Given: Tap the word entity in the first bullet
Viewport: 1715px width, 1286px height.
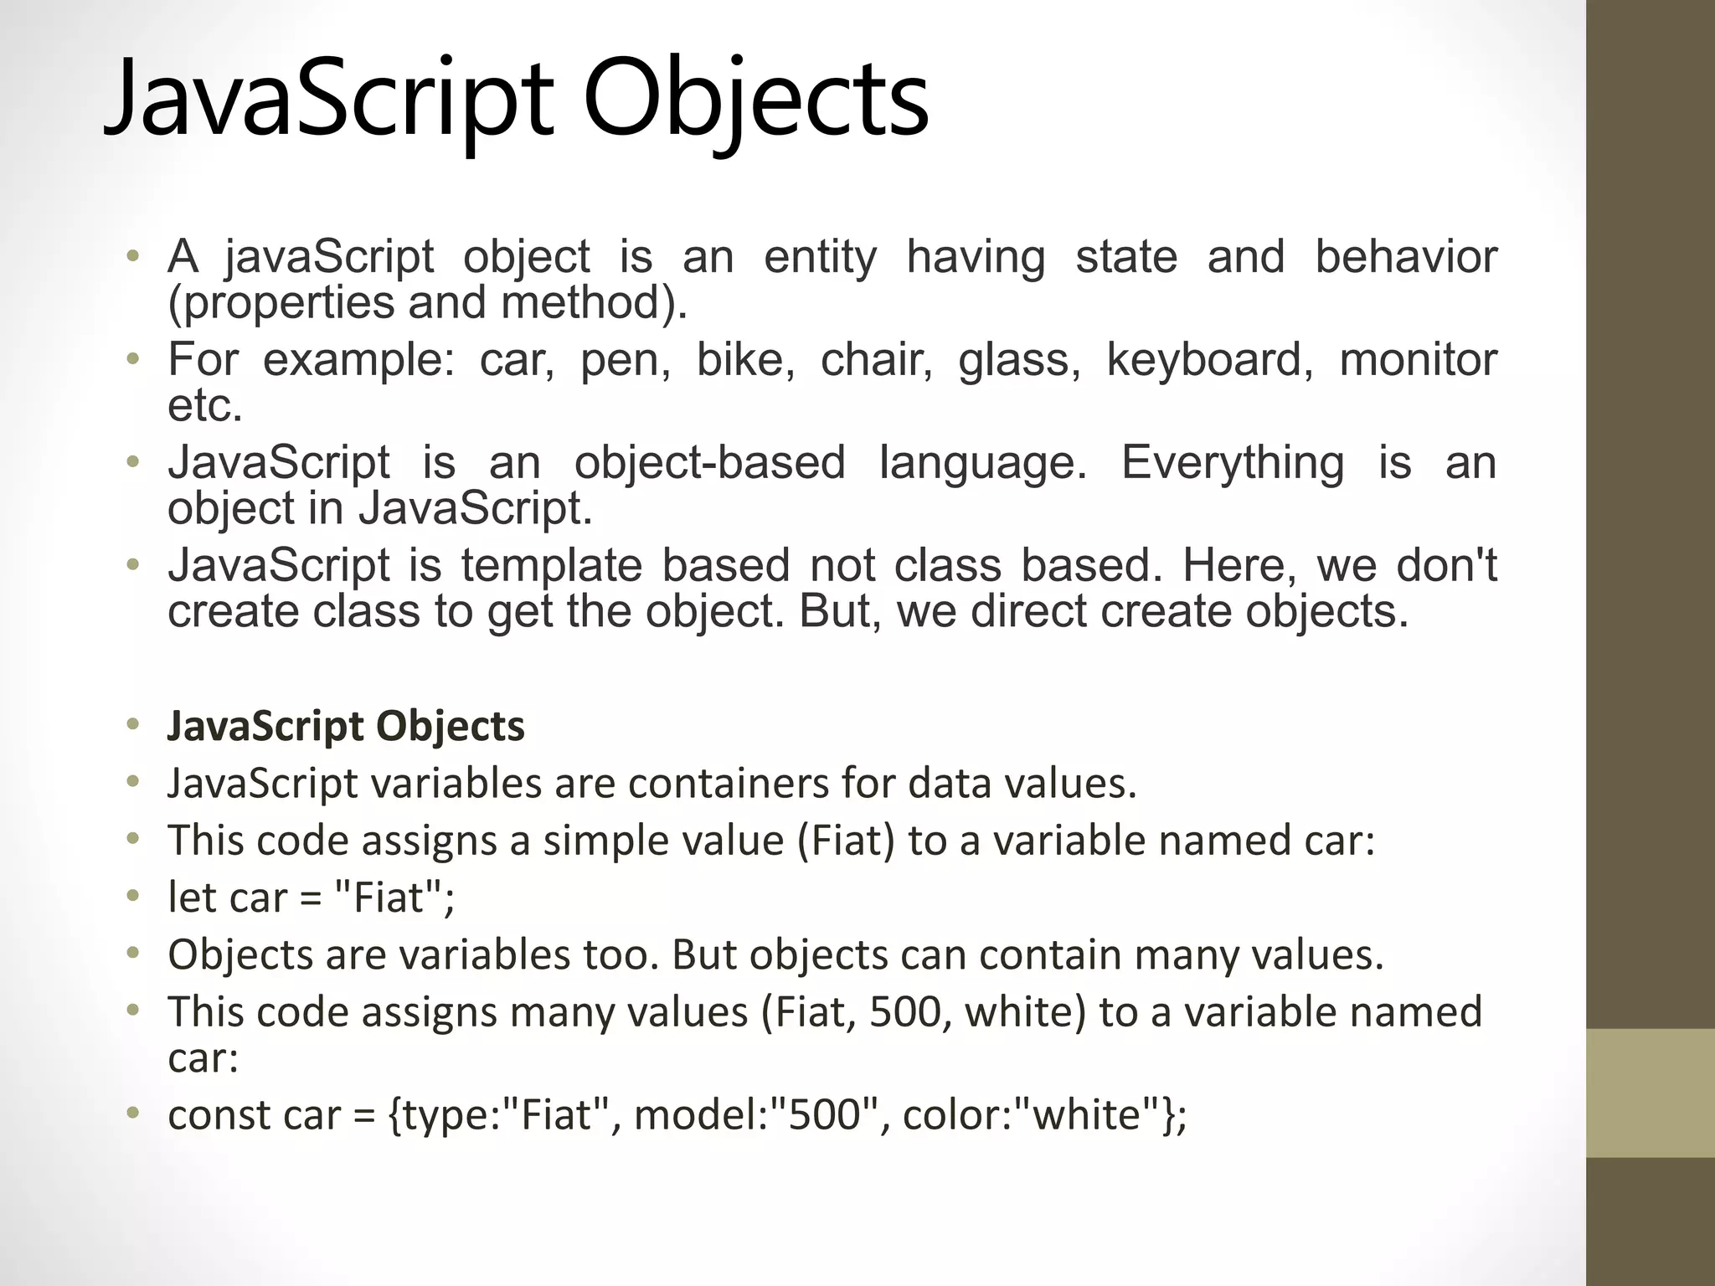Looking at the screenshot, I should pos(820,256).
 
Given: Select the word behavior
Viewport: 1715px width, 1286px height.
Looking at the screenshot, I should pos(1406,256).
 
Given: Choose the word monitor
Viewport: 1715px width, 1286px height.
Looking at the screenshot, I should pos(1418,360).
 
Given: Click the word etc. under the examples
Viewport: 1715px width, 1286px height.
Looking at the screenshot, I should pos(204,407).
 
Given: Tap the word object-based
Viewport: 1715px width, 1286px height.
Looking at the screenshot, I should pos(709,462).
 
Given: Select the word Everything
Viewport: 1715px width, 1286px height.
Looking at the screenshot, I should pos(1232,462).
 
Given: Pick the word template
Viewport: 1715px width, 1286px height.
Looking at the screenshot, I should pos(551,565).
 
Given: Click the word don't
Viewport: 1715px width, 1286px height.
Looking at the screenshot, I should pos(1446,565).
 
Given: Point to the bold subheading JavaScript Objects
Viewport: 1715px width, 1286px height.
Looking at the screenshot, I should pos(346,725).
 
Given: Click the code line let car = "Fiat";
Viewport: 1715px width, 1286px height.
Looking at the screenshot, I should pos(311,898).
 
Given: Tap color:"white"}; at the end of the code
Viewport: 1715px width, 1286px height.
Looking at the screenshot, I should pos(1044,1115).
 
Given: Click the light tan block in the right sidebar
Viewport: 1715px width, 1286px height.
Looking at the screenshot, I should pos(1650,1093).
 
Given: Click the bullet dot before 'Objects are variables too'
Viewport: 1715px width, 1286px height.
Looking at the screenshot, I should pos(131,954).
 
